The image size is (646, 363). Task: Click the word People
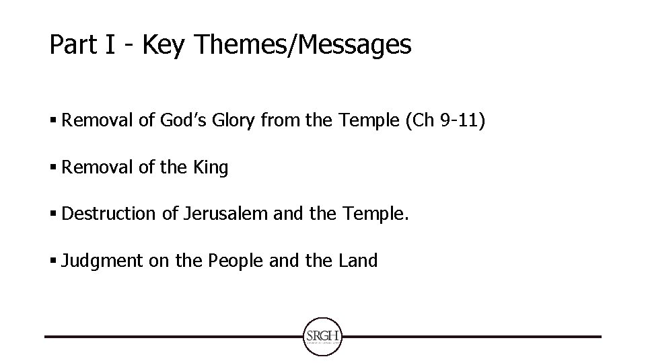pyautogui.click(x=236, y=261)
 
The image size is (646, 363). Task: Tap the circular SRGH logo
pyautogui.click(x=323, y=336)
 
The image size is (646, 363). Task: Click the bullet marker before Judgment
pyautogui.click(x=53, y=261)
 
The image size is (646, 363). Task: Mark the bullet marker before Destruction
pyautogui.click(x=53, y=214)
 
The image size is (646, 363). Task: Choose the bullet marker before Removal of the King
pyautogui.click(x=53, y=168)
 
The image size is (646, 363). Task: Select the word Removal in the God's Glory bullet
pyautogui.click(x=89, y=122)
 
